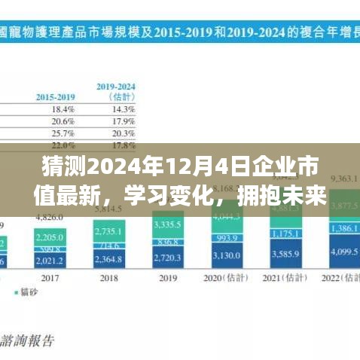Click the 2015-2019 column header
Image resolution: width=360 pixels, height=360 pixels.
coord(54,96)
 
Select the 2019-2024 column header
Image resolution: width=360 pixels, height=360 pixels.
coord(115,91)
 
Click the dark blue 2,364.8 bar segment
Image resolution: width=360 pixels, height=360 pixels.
coord(109,260)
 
